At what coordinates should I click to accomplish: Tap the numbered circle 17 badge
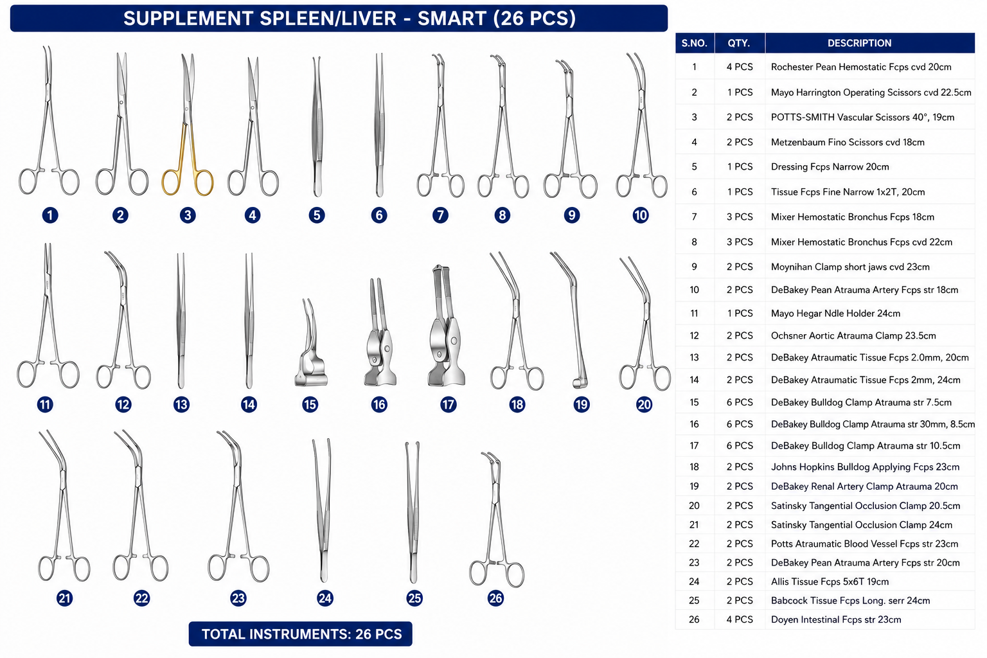click(x=448, y=404)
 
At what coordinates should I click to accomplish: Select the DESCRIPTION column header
click(x=859, y=43)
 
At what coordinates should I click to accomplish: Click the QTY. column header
click(x=739, y=43)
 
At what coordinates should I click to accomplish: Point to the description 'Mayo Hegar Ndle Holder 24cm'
click(x=835, y=314)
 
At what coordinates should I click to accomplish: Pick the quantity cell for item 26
click(x=740, y=619)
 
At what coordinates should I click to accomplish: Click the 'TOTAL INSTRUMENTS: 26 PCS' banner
click(x=301, y=634)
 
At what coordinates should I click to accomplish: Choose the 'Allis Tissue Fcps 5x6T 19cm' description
click(x=830, y=582)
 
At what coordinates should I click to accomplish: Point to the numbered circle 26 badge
click(x=495, y=598)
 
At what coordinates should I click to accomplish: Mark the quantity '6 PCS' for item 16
click(x=740, y=424)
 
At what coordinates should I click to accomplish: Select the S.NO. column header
click(x=695, y=43)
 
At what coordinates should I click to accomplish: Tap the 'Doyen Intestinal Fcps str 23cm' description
click(x=836, y=619)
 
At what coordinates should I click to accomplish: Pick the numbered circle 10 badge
click(x=641, y=215)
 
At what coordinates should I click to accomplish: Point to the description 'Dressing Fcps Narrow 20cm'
click(x=830, y=166)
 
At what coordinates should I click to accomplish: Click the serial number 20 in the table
click(x=694, y=506)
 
